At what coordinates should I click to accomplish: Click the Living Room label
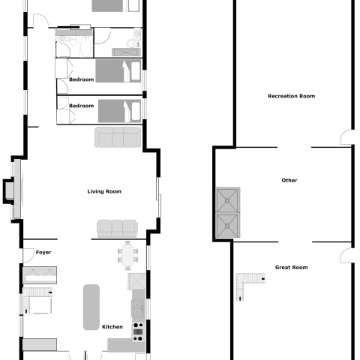[104, 191]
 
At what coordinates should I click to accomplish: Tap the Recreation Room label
[291, 96]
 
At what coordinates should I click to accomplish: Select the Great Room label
[291, 267]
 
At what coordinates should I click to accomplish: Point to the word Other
[289, 180]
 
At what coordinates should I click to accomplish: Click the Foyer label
[43, 252]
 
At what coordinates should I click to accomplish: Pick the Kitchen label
[112, 327]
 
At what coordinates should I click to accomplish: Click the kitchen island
[91, 307]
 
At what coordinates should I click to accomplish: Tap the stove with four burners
[138, 331]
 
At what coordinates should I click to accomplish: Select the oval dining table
[127, 256]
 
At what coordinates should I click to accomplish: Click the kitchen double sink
[138, 309]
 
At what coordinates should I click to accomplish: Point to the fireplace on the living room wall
[13, 190]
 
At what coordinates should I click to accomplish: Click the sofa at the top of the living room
[118, 137]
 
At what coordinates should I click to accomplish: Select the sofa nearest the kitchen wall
[117, 229]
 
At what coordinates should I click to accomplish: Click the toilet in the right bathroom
[133, 43]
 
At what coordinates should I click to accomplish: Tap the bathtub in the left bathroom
[86, 47]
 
